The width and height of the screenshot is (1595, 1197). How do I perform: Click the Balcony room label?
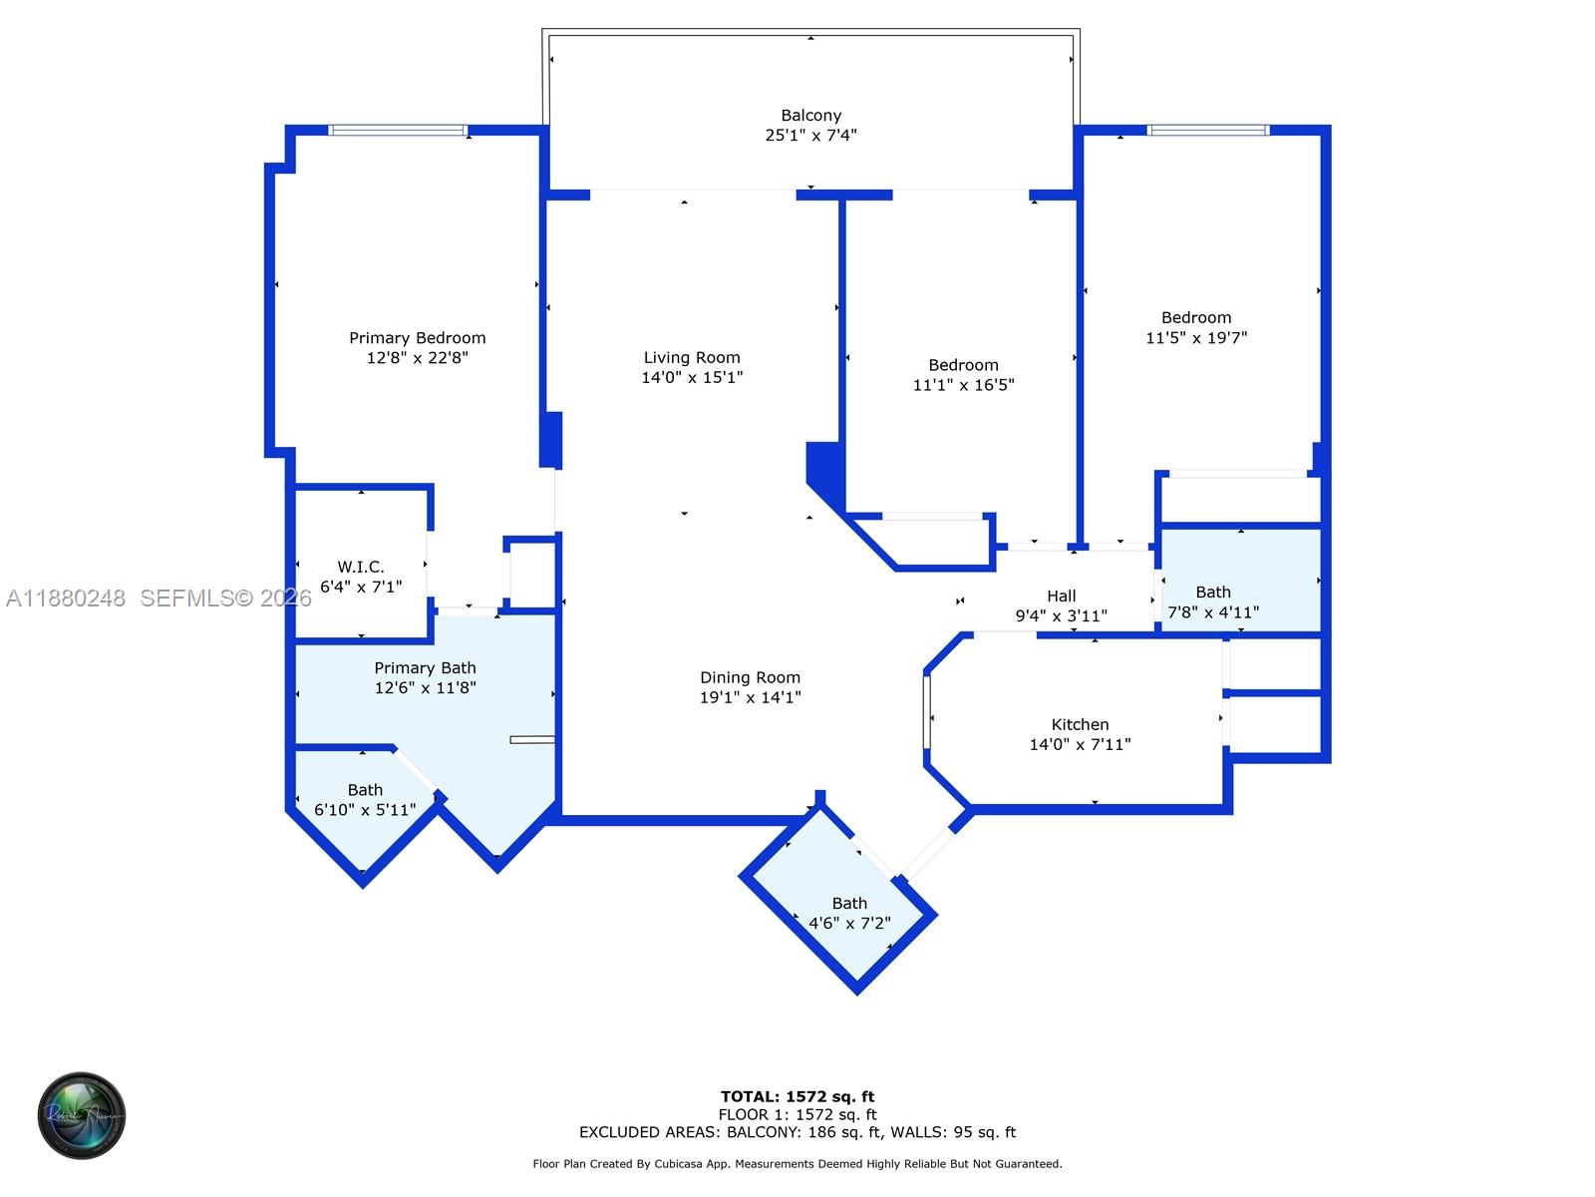pyautogui.click(x=810, y=116)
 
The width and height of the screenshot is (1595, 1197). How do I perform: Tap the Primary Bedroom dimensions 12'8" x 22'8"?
pyautogui.click(x=417, y=358)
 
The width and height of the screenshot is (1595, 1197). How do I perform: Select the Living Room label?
pyautogui.click(x=692, y=358)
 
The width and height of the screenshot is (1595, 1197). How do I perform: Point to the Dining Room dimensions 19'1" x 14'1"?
pyautogui.click(x=750, y=697)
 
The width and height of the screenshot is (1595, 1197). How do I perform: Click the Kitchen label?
pyautogui.click(x=1080, y=725)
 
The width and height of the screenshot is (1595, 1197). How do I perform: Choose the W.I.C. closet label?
pyautogui.click(x=360, y=568)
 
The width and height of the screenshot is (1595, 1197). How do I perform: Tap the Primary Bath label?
pyautogui.click(x=425, y=668)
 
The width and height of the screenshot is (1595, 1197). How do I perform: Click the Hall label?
pyautogui.click(x=1061, y=597)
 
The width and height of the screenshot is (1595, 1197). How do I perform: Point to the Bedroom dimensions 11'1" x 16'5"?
pyautogui.click(x=963, y=385)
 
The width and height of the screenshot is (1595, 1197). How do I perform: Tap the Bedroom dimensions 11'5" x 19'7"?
pyautogui.click(x=1196, y=338)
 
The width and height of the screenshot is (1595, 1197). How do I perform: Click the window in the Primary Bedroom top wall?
pyautogui.click(x=398, y=130)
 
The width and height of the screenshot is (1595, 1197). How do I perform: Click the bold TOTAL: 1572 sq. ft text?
pyautogui.click(x=797, y=1097)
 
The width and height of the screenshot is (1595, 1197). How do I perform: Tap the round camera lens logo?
pyautogui.click(x=82, y=1115)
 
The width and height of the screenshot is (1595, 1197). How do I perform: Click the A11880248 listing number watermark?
pyautogui.click(x=66, y=598)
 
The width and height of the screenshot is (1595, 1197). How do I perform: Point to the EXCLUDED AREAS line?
pyautogui.click(x=797, y=1132)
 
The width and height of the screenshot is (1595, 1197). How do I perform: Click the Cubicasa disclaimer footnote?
pyautogui.click(x=797, y=1164)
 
